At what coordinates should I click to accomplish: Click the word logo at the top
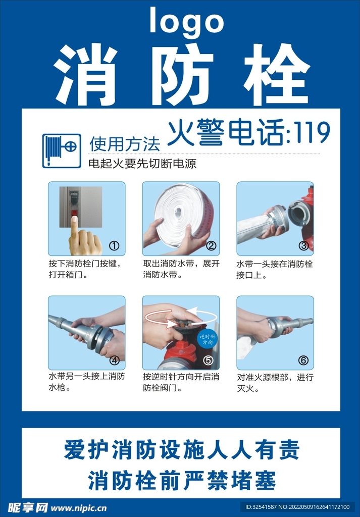pyautogui.click(x=186, y=22)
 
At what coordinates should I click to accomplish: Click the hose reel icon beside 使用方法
pyautogui.click(x=61, y=150)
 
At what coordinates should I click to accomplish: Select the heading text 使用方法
pyautogui.click(x=124, y=144)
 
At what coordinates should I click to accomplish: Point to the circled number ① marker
pyautogui.click(x=114, y=246)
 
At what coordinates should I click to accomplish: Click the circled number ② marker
pyautogui.click(x=211, y=246)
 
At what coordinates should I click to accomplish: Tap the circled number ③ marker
pyautogui.click(x=303, y=246)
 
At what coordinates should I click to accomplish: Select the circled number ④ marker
pyautogui.click(x=114, y=360)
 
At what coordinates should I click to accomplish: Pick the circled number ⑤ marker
pyautogui.click(x=208, y=360)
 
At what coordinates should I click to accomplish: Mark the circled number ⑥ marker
pyautogui.click(x=303, y=360)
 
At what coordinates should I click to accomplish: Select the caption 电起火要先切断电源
pyautogui.click(x=142, y=164)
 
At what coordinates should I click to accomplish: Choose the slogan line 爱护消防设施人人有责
pyautogui.click(x=181, y=449)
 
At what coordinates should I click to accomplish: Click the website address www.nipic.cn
pyautogui.click(x=79, y=507)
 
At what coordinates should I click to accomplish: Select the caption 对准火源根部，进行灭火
pyautogui.click(x=275, y=383)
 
